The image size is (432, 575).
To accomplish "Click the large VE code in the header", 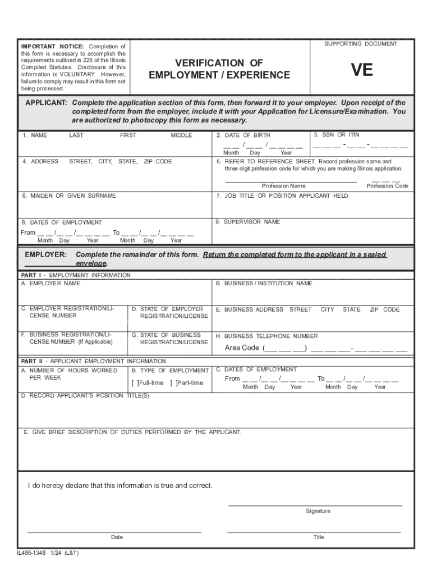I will coord(361,70).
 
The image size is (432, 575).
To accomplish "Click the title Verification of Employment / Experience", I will coord(219,69).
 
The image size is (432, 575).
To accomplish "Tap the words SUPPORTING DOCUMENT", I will coord(361,44).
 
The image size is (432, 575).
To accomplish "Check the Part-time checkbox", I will coord(173,383).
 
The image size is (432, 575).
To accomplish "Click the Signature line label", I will coord(318,511).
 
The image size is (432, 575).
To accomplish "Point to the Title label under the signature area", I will coord(318,537).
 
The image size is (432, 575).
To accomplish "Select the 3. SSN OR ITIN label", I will coord(337,135).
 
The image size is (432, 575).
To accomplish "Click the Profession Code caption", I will coord(387,186).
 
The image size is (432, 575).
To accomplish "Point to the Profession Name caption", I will coord(283,186).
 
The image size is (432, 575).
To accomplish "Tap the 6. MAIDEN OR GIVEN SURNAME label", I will coord(69,196).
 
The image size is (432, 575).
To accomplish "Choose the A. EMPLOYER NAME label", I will coord(51,284).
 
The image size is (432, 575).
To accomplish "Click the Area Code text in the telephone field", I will coord(242,348).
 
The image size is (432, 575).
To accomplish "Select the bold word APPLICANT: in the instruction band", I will coord(47,103).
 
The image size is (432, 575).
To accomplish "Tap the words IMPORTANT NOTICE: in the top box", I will coord(52,46).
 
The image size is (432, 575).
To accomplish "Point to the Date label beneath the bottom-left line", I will coord(117,537).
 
